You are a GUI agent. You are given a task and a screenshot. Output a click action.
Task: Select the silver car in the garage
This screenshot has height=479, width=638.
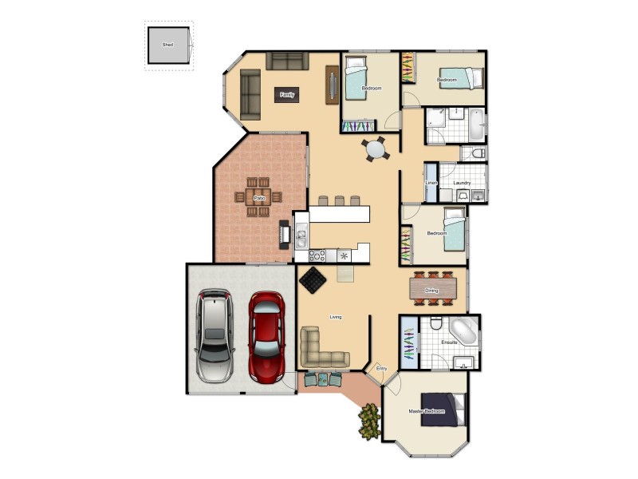(215, 334)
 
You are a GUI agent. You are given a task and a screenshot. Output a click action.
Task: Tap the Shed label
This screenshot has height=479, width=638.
(167, 46)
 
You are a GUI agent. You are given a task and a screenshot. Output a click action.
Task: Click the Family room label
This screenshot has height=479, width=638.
(287, 95)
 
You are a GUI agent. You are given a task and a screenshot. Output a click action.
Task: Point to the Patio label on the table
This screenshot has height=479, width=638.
(258, 198)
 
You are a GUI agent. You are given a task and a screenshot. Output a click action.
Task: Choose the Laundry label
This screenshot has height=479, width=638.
(463, 183)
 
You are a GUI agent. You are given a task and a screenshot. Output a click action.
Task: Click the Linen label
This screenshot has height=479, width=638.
(431, 183)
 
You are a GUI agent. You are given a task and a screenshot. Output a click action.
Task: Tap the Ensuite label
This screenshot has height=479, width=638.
(450, 342)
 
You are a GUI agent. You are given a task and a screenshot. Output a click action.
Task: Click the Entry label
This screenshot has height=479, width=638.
(381, 368)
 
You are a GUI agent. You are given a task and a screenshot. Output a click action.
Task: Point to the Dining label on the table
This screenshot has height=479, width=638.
(431, 291)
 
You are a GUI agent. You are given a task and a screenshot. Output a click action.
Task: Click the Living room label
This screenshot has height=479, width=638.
(336, 317)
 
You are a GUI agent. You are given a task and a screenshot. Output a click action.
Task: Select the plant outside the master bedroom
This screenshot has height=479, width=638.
(368, 422)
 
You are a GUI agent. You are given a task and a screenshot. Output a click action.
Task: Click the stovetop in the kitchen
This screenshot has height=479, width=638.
(317, 255)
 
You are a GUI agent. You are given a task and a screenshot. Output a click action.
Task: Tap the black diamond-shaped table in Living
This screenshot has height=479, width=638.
(312, 281)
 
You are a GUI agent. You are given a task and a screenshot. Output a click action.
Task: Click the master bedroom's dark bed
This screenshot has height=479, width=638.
(442, 410)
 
